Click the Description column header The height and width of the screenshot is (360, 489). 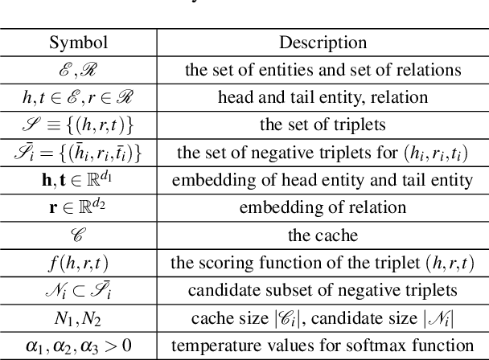click(x=323, y=42)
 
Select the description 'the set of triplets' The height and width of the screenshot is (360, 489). click(x=323, y=125)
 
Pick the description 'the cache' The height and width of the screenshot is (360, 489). click(x=323, y=235)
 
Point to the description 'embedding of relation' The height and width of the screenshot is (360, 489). click(x=323, y=208)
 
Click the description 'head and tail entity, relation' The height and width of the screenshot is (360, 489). click(x=323, y=97)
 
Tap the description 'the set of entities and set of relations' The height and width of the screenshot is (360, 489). click(x=323, y=69)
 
